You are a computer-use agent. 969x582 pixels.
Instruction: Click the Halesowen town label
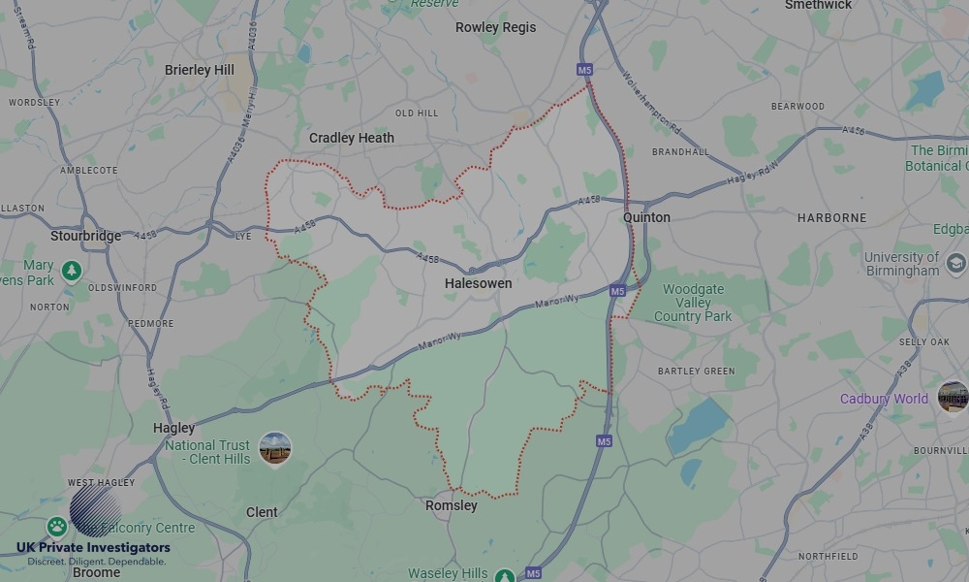[x=478, y=283]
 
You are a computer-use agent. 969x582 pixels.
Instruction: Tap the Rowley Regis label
[x=495, y=27]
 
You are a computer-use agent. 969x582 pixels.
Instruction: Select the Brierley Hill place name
[x=200, y=70]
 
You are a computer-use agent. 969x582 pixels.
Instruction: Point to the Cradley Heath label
[x=352, y=138]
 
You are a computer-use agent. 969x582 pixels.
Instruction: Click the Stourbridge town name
[x=86, y=236]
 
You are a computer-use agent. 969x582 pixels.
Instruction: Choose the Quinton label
[x=646, y=217]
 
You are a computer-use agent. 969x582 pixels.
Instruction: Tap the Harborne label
[x=831, y=218]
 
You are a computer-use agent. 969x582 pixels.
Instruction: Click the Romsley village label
[x=452, y=505]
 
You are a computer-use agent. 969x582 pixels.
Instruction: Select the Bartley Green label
[x=696, y=372]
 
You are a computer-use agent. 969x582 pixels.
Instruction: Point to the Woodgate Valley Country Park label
[x=693, y=303]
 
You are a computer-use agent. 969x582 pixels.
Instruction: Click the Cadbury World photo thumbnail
[x=953, y=397]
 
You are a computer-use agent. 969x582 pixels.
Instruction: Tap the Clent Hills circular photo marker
[x=275, y=448]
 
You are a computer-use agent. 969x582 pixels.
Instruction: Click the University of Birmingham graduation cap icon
[x=956, y=263]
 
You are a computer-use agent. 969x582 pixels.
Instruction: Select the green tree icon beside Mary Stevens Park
[x=70, y=272]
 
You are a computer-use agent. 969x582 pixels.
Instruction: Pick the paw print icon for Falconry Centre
[x=57, y=527]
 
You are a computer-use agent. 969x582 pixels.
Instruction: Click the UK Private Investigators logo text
[x=93, y=548]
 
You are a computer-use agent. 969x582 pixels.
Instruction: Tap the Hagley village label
[x=173, y=428]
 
